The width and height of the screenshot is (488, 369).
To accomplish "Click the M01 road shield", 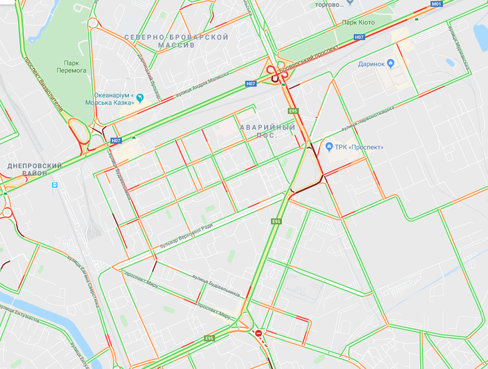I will (436, 4).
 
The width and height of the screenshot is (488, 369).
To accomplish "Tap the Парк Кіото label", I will (358, 23).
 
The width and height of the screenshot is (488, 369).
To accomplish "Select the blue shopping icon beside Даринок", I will (390, 63).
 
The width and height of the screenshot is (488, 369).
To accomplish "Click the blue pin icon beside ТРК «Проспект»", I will (329, 147).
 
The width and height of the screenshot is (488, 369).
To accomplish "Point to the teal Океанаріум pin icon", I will (140, 98).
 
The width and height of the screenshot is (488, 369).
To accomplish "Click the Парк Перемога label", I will (75, 66).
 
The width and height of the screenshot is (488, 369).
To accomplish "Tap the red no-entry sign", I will (258, 333).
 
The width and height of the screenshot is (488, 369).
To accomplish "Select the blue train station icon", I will (54, 185).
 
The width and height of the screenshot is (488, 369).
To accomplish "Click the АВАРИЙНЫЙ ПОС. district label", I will (268, 131).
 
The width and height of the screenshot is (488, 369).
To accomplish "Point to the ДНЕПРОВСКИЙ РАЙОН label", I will (35, 169).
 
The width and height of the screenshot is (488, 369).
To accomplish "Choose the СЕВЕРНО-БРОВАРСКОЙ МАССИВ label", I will (176, 41).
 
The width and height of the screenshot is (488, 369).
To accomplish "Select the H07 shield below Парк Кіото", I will (359, 37).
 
